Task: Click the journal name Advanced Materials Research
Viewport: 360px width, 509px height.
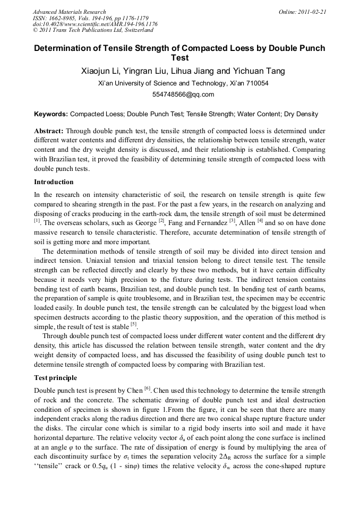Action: (x=69, y=12)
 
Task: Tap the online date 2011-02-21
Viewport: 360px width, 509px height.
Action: (x=312, y=12)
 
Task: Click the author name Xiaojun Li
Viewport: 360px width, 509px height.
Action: (x=99, y=71)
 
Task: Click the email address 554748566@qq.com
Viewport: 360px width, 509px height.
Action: (x=179, y=95)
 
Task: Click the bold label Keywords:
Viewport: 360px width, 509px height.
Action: (x=51, y=114)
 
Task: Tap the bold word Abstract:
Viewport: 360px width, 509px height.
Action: (x=49, y=131)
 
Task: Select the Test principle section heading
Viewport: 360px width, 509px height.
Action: (x=56, y=378)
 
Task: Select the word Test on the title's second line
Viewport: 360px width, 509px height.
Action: (x=179, y=58)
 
